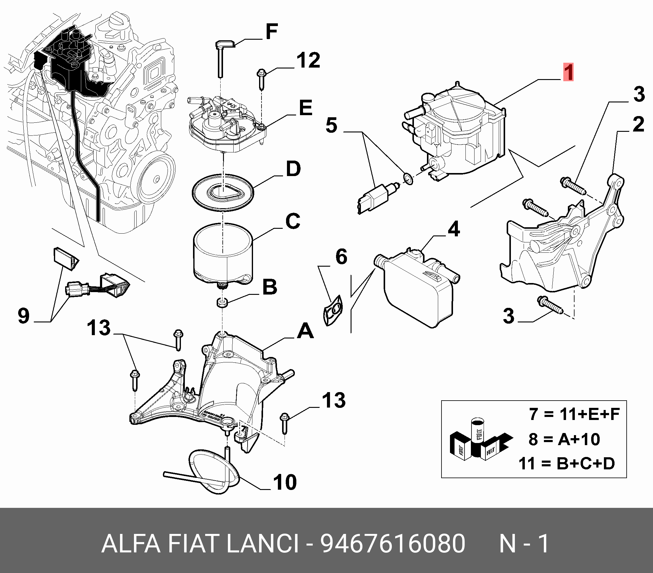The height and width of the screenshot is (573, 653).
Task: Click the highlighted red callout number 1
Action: tap(568, 72)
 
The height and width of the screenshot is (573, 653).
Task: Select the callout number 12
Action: tap(308, 60)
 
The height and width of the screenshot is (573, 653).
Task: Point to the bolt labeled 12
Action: tap(261, 78)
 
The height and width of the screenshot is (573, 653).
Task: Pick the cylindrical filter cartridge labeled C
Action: tap(223, 255)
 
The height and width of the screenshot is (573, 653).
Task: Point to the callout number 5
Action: tap(331, 125)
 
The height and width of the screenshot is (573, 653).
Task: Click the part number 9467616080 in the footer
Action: tap(393, 543)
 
